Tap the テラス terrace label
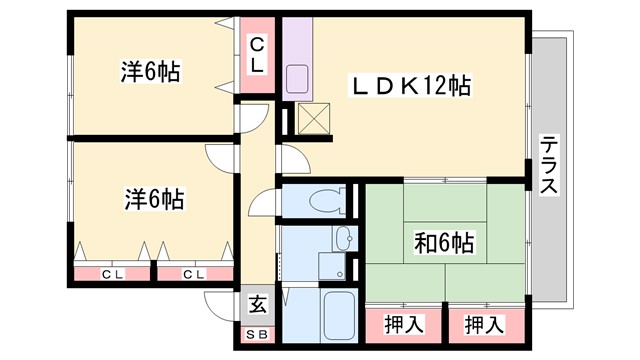549,164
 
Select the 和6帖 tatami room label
444,242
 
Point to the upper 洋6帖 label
150,72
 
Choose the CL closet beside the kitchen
257,54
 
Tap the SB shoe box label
257,335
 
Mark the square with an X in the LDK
313,118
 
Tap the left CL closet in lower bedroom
112,272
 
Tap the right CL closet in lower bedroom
194,272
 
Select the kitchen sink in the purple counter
298,79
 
